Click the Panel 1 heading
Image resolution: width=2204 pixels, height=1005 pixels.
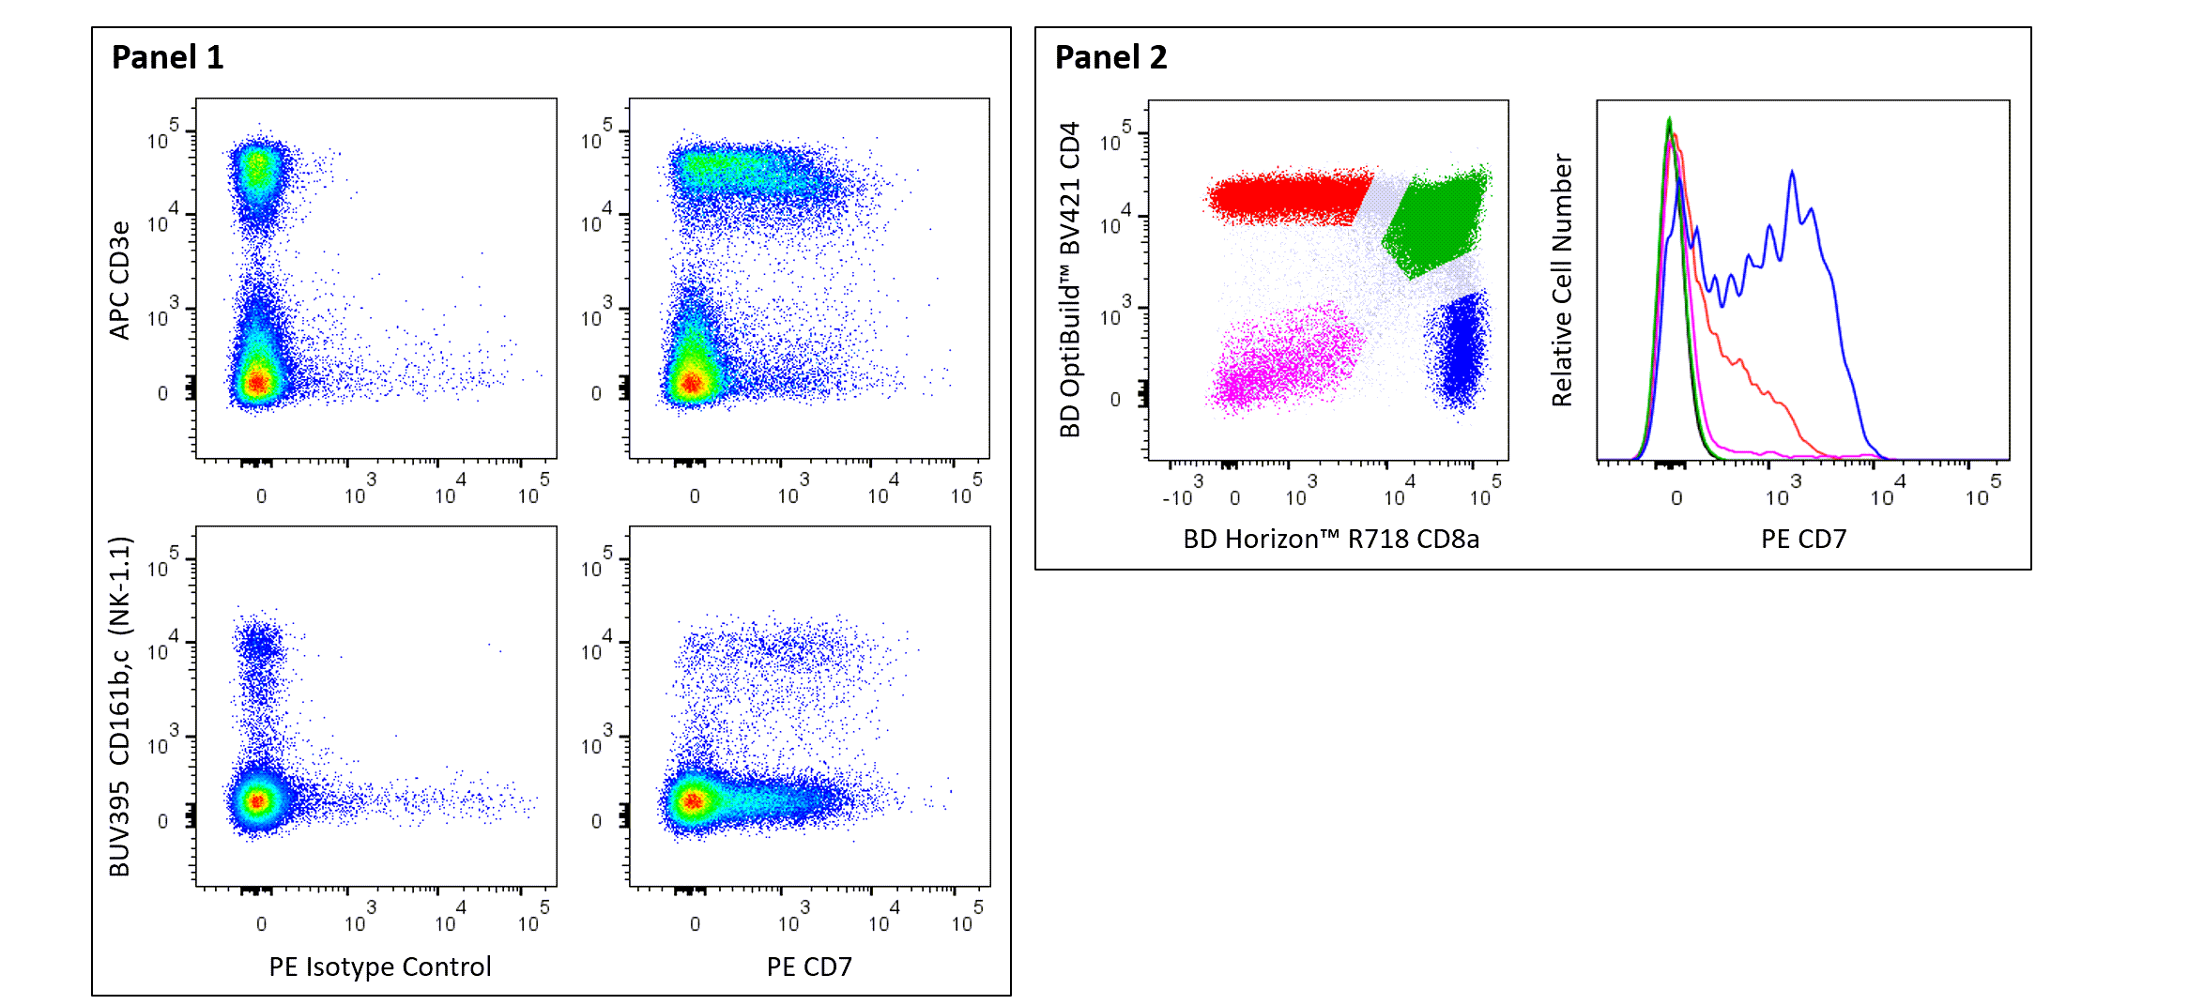coord(167,57)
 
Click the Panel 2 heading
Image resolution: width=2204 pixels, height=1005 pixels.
coord(1110,57)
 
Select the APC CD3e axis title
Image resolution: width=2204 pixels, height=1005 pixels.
coord(119,280)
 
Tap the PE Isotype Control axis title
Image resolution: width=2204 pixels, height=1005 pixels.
coord(379,967)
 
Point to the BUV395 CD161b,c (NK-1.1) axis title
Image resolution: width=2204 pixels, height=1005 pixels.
coord(119,707)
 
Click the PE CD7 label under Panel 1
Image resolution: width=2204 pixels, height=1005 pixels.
coord(809,967)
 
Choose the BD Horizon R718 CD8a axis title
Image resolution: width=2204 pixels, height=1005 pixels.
coord(1330,539)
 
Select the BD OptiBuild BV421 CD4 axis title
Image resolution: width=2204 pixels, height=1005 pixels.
coord(1069,280)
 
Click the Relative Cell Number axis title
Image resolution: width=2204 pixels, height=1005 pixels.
coord(1561,280)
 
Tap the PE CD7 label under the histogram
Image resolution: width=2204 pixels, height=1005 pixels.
coord(1803,539)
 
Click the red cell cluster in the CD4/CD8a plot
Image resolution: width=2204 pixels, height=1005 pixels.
coord(1286,197)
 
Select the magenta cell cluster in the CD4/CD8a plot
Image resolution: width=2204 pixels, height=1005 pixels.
coord(1286,361)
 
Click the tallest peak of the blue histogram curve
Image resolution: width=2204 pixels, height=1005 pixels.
coord(1792,174)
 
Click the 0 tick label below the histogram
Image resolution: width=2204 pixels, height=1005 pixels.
coord(1676,497)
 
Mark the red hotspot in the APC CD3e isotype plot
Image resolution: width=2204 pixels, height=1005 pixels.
coord(257,382)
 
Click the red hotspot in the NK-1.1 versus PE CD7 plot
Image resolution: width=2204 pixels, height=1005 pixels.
coord(692,800)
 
